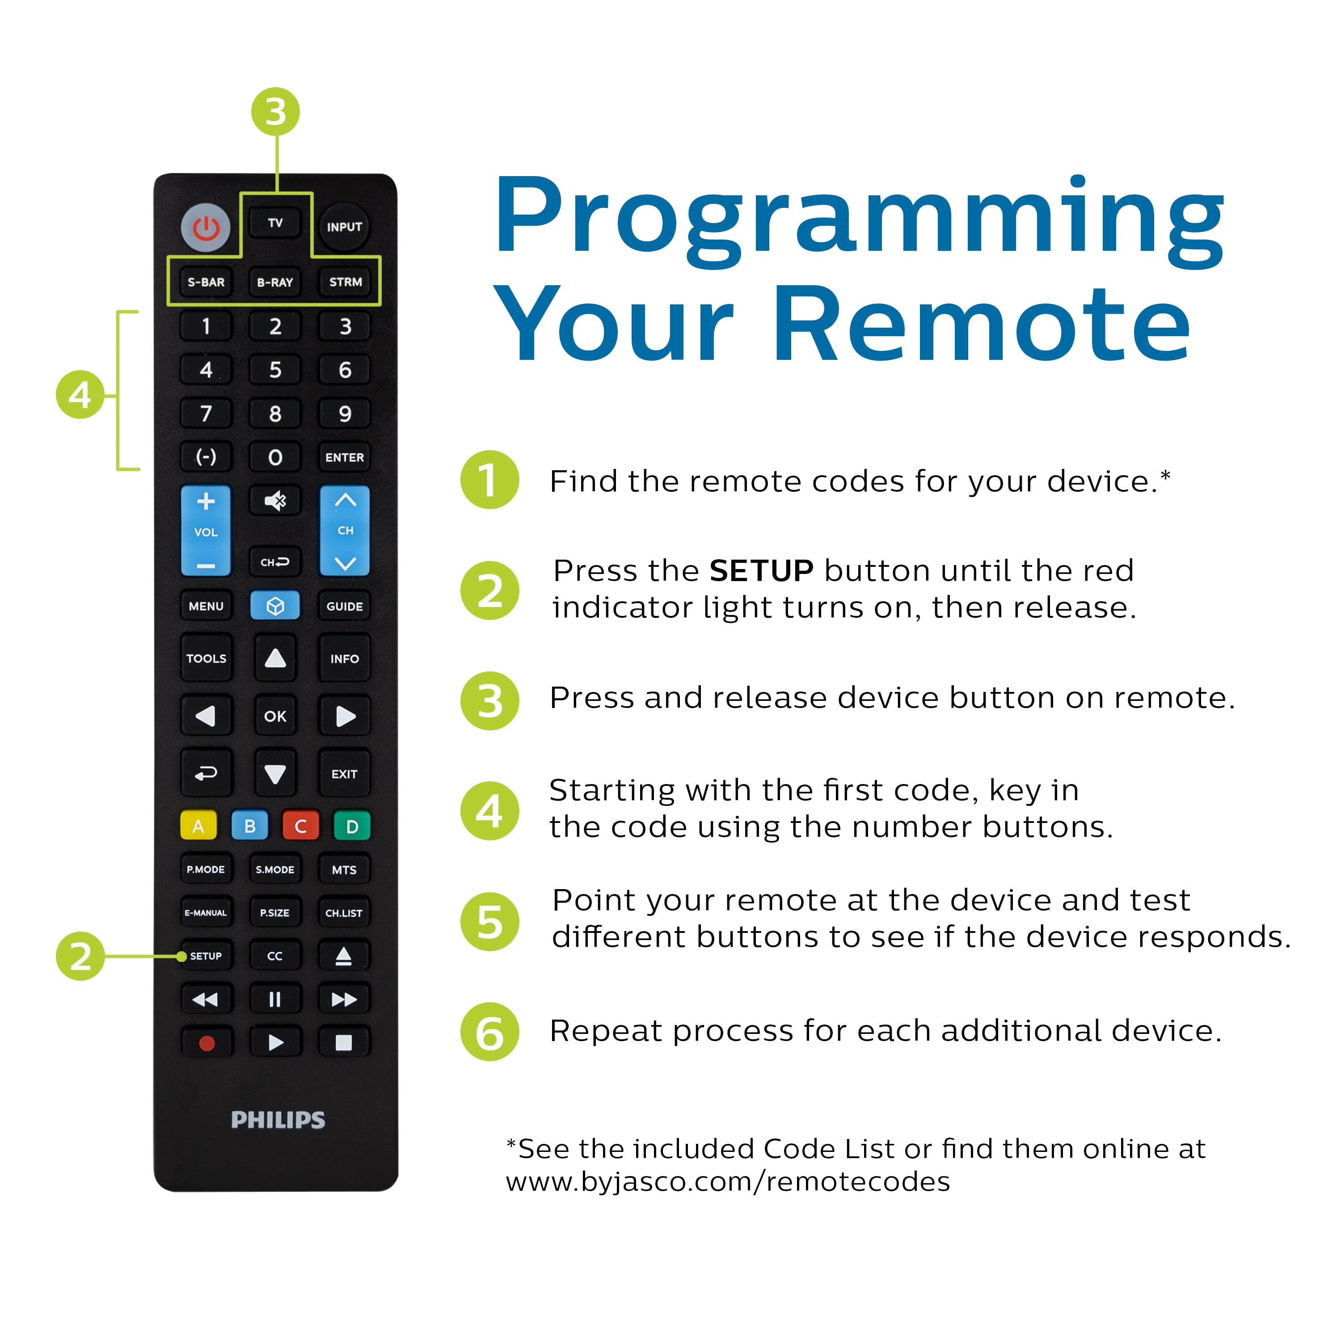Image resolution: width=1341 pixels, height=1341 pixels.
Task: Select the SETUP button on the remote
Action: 206,956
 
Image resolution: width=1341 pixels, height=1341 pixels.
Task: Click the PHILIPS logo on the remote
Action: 278,1120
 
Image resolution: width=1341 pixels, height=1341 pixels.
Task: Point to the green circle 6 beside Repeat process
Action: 490,1031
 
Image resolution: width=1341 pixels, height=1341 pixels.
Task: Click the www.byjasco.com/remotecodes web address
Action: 727,1181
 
